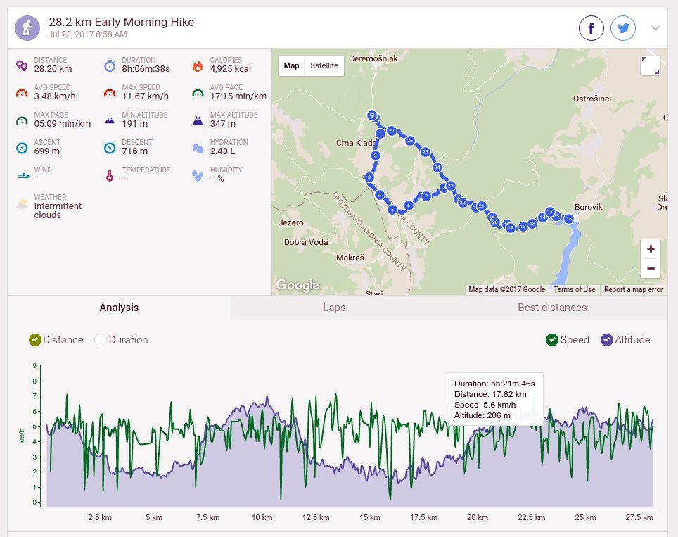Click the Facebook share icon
591,28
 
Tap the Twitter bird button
623,28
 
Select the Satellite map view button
324,65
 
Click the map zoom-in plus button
651,249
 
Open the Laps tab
334,308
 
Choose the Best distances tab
552,308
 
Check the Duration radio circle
101,340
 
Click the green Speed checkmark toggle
551,340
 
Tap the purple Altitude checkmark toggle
607,340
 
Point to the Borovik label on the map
588,207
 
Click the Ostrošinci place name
592,99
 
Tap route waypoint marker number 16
568,218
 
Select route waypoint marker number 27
391,131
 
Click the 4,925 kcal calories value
231,69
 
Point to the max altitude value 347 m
223,124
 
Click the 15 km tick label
370,517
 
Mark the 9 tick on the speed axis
34,366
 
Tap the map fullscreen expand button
651,65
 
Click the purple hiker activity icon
27,28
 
